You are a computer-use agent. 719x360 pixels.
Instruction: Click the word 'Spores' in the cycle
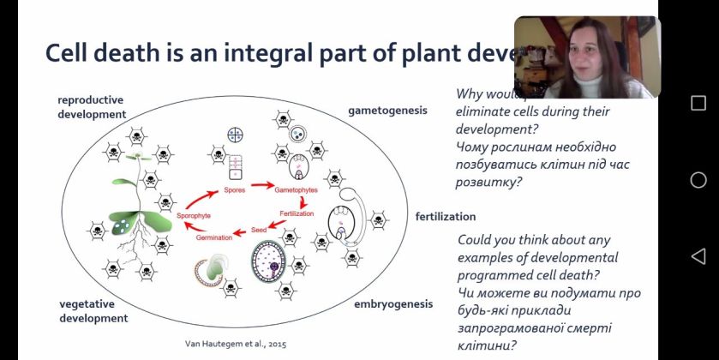click(235, 189)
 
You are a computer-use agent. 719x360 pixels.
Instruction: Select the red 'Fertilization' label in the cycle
click(297, 213)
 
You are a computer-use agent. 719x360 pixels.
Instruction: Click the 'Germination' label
click(214, 237)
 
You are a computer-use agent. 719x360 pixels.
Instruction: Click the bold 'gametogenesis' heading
click(387, 111)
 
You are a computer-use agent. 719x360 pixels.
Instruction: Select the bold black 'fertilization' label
click(446, 216)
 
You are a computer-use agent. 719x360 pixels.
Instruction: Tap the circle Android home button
click(698, 180)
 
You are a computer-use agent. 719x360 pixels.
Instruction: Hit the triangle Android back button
click(698, 256)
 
